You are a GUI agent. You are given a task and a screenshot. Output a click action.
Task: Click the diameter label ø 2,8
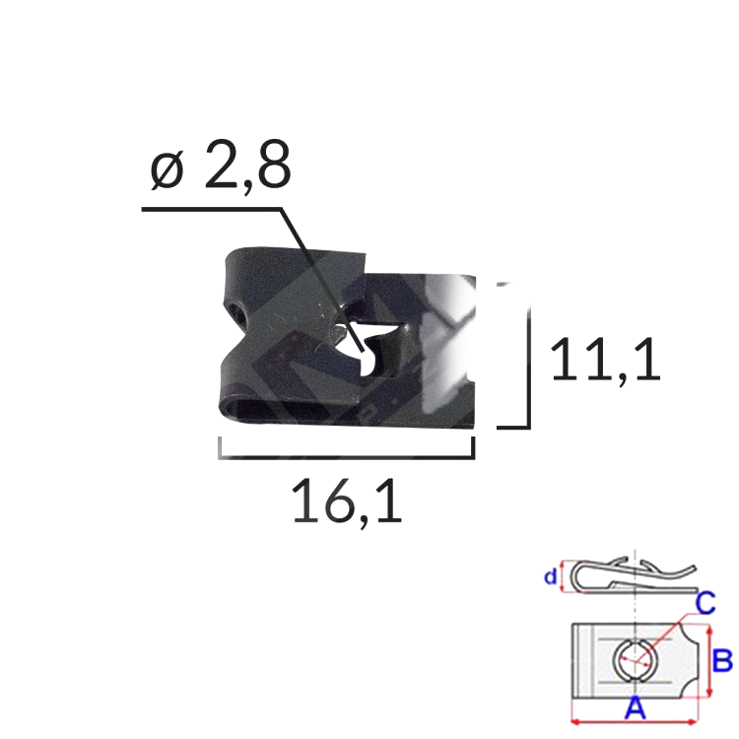coord(222,170)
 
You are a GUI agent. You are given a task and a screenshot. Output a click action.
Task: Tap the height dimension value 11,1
coord(603,361)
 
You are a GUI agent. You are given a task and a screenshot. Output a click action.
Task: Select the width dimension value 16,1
coord(347,504)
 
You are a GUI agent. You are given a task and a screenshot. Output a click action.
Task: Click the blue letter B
coord(722,659)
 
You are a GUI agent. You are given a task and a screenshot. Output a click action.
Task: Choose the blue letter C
coord(705,602)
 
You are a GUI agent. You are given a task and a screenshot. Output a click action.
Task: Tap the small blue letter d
coord(550,577)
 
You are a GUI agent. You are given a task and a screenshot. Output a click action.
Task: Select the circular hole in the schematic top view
coord(632,658)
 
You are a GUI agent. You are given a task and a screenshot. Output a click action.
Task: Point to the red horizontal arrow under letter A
coord(637,721)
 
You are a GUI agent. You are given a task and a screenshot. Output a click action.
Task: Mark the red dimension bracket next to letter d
coord(563,577)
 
